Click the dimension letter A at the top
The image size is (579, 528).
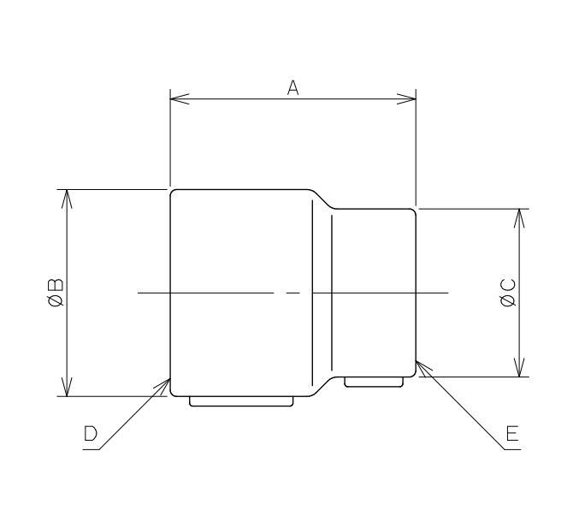point(292,87)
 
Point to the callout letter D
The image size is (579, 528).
point(91,435)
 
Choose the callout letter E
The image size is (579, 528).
point(511,435)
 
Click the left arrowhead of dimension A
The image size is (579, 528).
point(176,98)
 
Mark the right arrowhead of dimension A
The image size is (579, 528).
point(411,98)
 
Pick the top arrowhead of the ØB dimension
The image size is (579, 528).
point(67,196)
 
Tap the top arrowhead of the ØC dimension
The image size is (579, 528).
point(518,215)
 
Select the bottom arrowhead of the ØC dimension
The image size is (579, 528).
point(518,370)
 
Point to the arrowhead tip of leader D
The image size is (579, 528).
point(168,379)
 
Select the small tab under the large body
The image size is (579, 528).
point(242,400)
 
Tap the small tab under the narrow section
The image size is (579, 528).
point(374,382)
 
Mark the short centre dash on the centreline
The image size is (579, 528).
point(293,293)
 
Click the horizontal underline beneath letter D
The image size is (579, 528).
point(92,448)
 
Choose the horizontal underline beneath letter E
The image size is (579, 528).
point(511,448)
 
